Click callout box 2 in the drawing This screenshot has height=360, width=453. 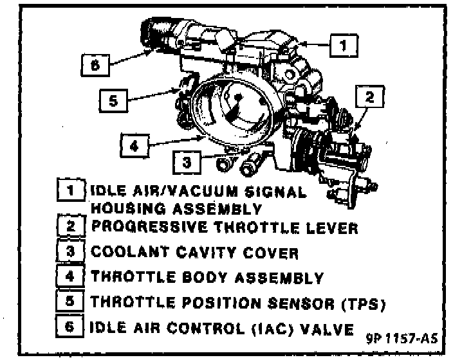[369, 98]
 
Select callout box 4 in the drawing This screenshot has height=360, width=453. [134, 146]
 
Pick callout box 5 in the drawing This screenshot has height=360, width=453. [113, 102]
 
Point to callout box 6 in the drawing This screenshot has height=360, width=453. [95, 64]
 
